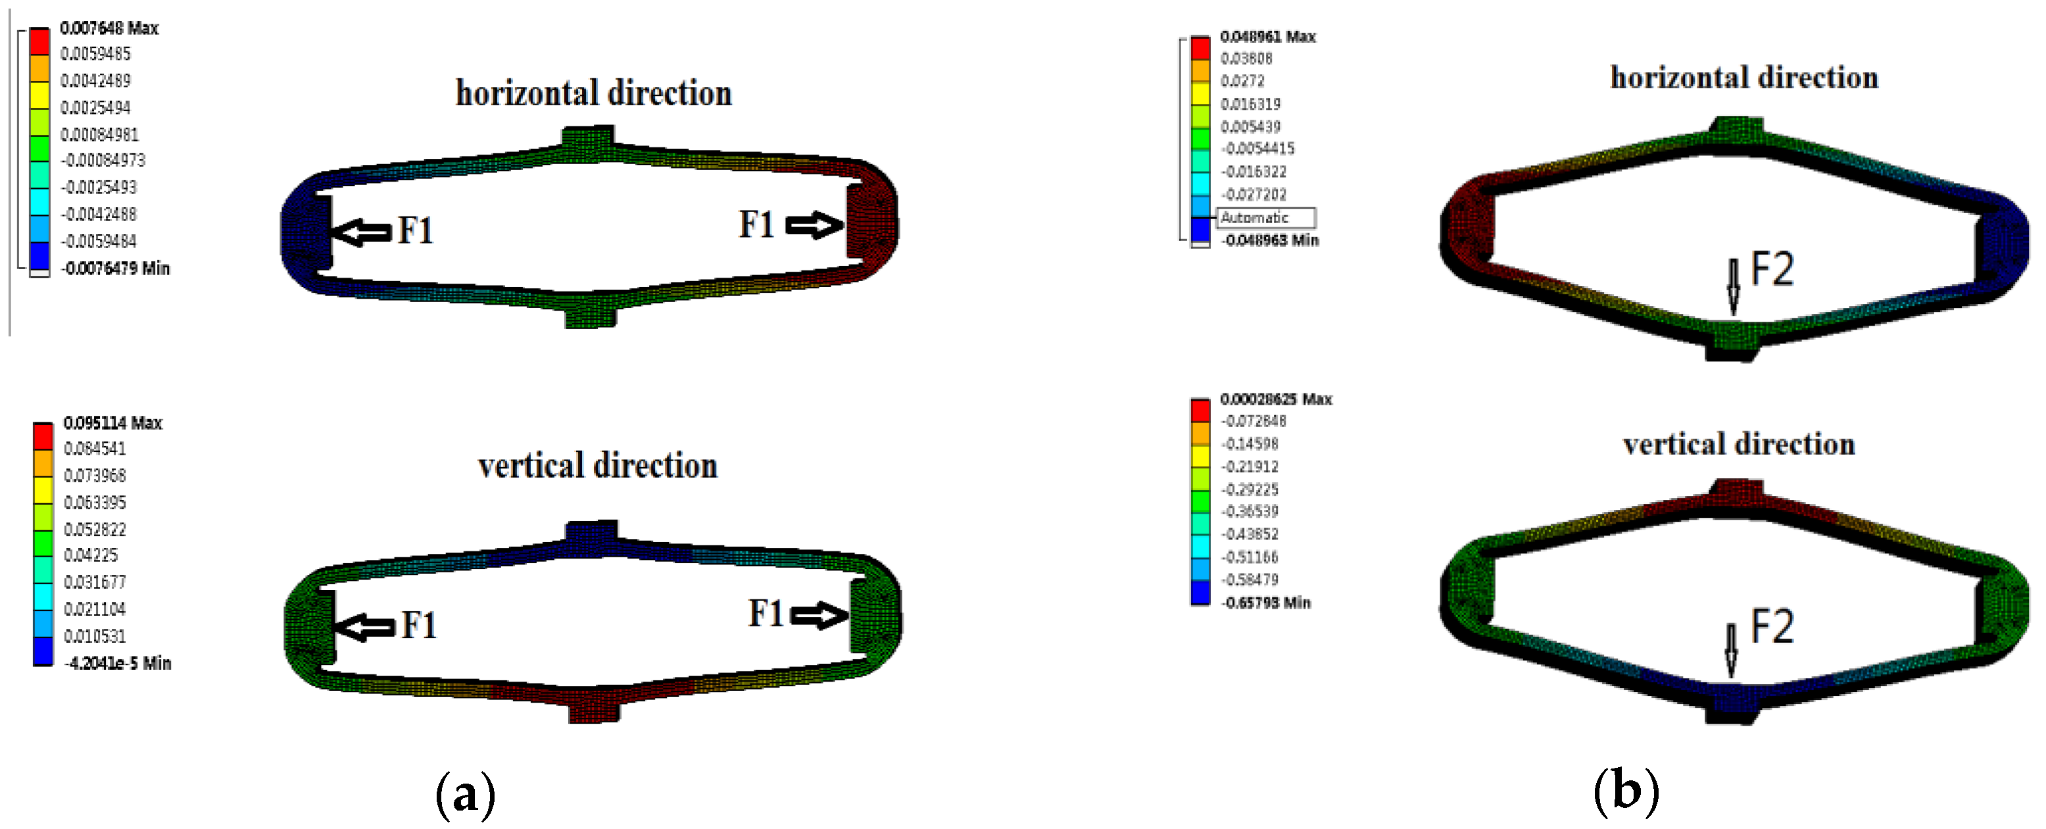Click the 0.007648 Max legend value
pyautogui.click(x=109, y=28)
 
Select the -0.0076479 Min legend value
pyautogui.click(x=116, y=268)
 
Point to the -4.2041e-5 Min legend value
pyautogui.click(x=118, y=663)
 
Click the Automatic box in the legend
pyautogui.click(x=1265, y=218)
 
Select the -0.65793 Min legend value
pyautogui.click(x=1266, y=603)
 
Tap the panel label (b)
pyautogui.click(x=1626, y=791)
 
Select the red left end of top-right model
pyautogui.click(x=1469, y=226)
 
